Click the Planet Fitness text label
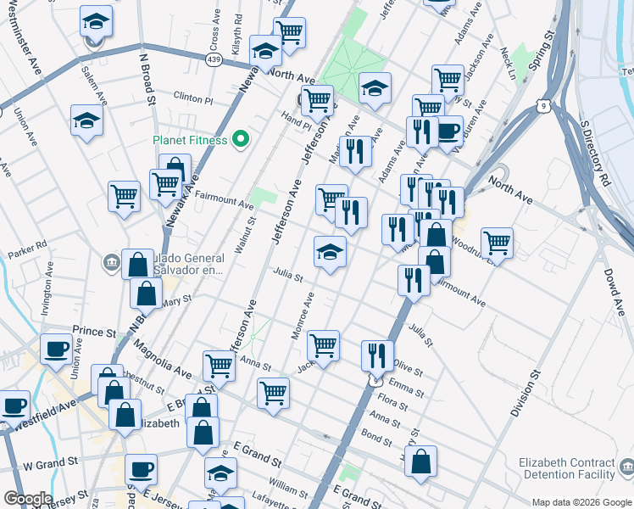[x=189, y=140]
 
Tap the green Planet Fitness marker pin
[x=241, y=139]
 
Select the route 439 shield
[x=214, y=59]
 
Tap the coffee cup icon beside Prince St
[x=57, y=349]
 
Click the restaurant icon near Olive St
[x=377, y=355]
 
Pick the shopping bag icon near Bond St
[x=420, y=461]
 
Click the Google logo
[x=27, y=499]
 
